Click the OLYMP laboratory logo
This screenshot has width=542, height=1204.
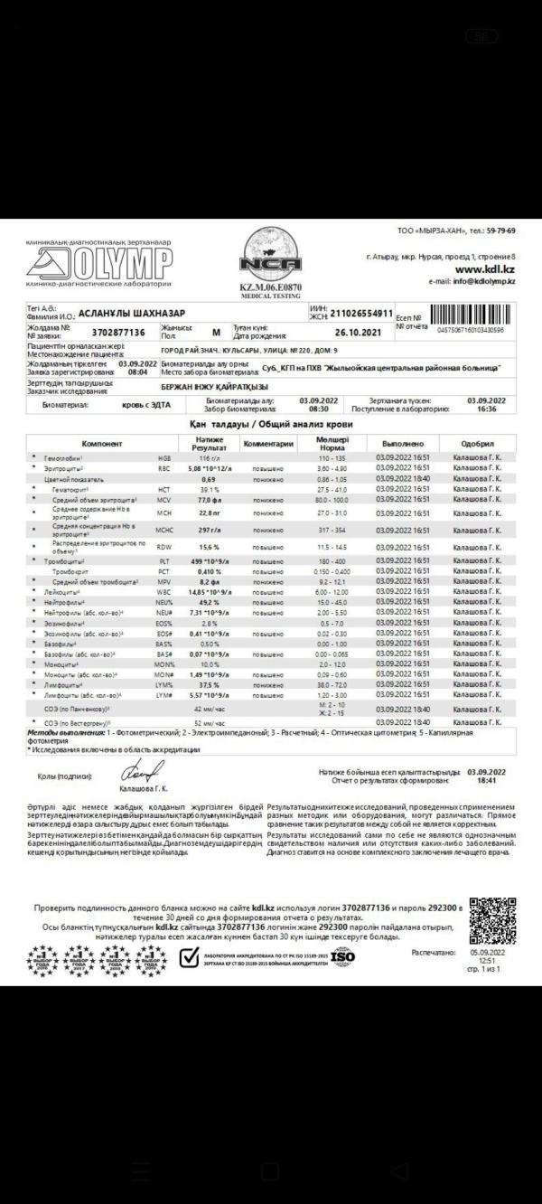click(x=98, y=263)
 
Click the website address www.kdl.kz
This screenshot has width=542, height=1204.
click(x=484, y=269)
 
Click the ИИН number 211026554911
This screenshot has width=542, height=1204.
click(x=361, y=314)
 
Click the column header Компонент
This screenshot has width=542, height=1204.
click(x=101, y=444)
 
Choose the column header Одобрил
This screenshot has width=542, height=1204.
click(x=477, y=444)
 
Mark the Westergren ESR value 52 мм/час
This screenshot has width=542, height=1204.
click(x=210, y=723)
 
